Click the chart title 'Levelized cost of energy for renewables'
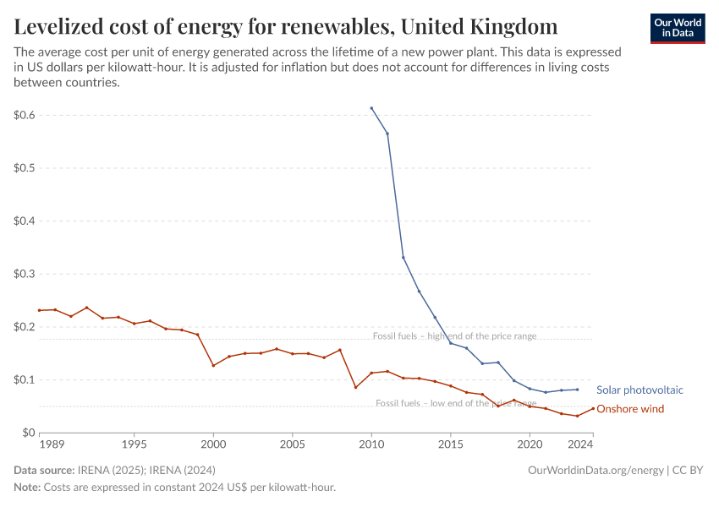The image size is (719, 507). pos(286,26)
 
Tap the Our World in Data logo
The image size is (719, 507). pos(678,29)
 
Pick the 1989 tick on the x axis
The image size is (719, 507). pos(40,443)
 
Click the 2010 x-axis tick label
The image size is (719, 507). pos(371,443)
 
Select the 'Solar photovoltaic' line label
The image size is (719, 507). pos(639,390)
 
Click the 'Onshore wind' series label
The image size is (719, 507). pos(629,409)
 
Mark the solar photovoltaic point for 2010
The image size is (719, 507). pos(371,108)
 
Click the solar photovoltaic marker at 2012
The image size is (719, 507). pos(403,257)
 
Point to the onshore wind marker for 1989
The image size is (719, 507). pos(40,310)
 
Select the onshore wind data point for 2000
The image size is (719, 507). pos(213,365)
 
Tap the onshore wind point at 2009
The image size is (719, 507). pos(355,387)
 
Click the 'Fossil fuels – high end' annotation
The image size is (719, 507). pos(454,336)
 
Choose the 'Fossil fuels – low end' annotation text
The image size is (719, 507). pos(455,403)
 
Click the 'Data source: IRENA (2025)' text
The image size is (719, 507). pos(114,470)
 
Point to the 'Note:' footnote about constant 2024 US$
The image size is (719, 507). pos(174,488)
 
